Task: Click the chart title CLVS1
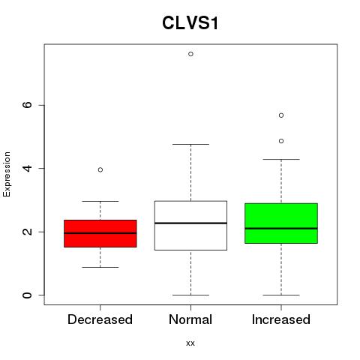pyautogui.click(x=190, y=23)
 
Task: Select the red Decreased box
pyautogui.click(x=100, y=233)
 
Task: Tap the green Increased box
pyautogui.click(x=281, y=223)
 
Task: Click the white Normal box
pyautogui.click(x=190, y=226)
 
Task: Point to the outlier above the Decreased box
pyautogui.click(x=100, y=169)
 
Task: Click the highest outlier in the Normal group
pyautogui.click(x=190, y=54)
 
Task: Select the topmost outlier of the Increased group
pyautogui.click(x=281, y=115)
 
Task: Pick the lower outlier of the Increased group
pyautogui.click(x=281, y=141)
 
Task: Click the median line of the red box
pyautogui.click(x=100, y=233)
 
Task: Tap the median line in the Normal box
pyautogui.click(x=190, y=223)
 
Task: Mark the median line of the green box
pyautogui.click(x=281, y=229)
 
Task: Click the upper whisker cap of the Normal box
pyautogui.click(x=190, y=144)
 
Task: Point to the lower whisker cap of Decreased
pyautogui.click(x=100, y=267)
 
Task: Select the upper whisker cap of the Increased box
pyautogui.click(x=281, y=159)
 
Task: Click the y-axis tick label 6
pyautogui.click(x=27, y=105)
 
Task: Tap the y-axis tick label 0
pyautogui.click(x=27, y=295)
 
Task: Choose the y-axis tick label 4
pyautogui.click(x=27, y=168)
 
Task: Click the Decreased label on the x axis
pyautogui.click(x=100, y=319)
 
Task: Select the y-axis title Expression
pyautogui.click(x=7, y=175)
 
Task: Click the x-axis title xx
pyautogui.click(x=190, y=343)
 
